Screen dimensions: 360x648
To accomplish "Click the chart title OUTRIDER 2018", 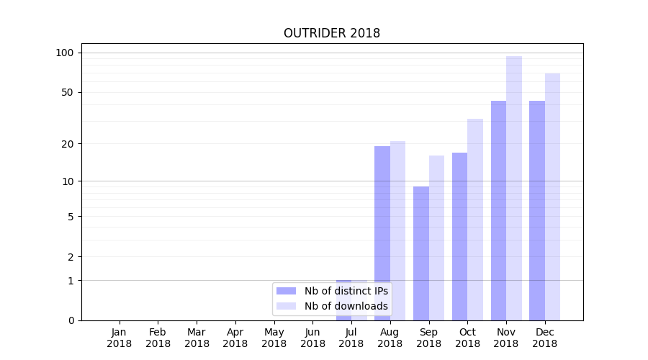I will click(331, 33).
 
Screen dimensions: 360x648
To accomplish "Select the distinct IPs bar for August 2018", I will click(382, 233).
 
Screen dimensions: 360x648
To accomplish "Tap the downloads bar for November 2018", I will click(514, 188).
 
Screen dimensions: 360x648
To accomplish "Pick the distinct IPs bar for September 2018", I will click(421, 253).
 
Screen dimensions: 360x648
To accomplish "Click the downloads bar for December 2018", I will click(552, 197).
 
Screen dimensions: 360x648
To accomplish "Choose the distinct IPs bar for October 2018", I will click(459, 236).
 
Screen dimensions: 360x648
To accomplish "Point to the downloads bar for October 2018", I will click(475, 220).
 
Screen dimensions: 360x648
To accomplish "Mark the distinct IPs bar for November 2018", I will click(498, 210).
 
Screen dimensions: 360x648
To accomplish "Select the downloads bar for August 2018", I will click(397, 230).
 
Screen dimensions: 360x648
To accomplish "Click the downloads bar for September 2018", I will click(436, 238).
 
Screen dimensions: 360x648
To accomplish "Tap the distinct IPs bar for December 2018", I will click(537, 210).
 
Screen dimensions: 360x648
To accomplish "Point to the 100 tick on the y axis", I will click(65, 53).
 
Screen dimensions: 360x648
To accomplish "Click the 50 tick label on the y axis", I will click(68, 92).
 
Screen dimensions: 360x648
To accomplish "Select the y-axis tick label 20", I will click(68, 144).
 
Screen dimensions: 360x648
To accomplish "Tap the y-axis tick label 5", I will click(71, 217).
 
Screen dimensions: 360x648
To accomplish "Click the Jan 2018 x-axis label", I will click(120, 338).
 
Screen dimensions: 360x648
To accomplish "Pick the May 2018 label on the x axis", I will click(274, 338).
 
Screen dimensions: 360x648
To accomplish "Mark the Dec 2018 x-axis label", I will click(544, 338).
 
